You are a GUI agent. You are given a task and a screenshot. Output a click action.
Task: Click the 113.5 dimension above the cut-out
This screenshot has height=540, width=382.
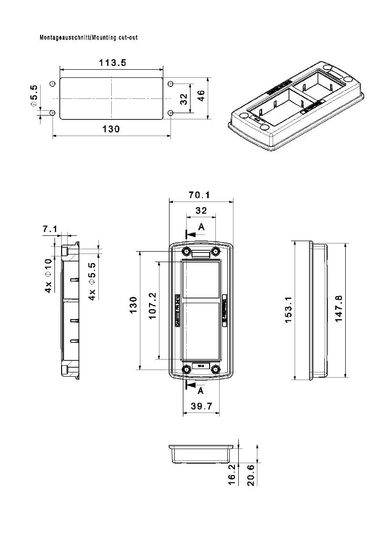[x=113, y=63]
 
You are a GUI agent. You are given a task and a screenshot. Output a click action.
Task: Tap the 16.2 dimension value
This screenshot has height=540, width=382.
[x=232, y=473]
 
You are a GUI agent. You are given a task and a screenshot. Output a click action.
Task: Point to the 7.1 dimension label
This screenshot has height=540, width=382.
[x=50, y=229]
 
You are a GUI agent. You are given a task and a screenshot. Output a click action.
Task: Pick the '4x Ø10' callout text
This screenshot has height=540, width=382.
[x=49, y=275]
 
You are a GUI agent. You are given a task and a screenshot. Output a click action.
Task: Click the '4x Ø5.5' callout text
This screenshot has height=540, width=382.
[x=93, y=281]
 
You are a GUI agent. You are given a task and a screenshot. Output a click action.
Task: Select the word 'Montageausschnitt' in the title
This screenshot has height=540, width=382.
[x=65, y=37]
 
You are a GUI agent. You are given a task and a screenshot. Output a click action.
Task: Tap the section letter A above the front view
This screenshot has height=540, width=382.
[x=201, y=227]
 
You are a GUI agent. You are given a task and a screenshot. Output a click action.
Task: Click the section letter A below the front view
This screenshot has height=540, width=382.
[x=201, y=391]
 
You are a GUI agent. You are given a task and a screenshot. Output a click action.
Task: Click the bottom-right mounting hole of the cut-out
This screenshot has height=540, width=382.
[x=170, y=113]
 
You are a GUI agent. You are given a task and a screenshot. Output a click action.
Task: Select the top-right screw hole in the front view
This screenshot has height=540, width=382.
[x=216, y=251]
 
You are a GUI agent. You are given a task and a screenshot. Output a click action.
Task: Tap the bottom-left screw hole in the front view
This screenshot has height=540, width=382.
[x=187, y=369]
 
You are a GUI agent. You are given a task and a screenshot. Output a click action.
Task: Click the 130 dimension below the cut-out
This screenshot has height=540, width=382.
[x=111, y=128]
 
